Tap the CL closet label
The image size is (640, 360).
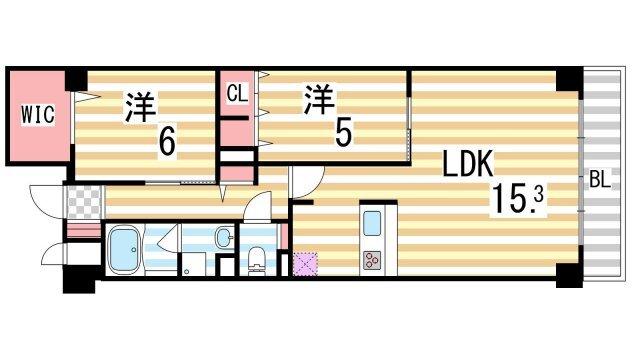(x=236, y=95)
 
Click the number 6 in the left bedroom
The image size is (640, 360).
(x=166, y=141)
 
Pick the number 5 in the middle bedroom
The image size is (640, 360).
(x=342, y=131)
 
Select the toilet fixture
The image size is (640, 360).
(x=256, y=258)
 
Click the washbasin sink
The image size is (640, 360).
(x=223, y=238)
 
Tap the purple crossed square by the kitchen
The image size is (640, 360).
(x=306, y=263)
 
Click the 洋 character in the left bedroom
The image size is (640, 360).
(x=139, y=106)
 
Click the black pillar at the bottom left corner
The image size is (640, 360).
(x=76, y=280)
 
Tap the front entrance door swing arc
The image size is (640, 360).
(x=46, y=200)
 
